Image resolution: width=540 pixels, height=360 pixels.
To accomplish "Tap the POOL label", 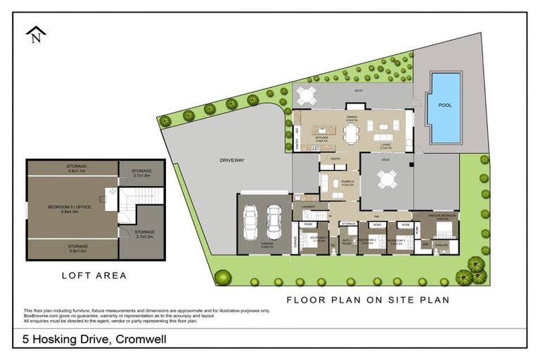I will coord(445,105).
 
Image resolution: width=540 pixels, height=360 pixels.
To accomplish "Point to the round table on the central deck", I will coord(385,180).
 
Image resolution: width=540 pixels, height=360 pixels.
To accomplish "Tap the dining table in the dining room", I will coord(352,131).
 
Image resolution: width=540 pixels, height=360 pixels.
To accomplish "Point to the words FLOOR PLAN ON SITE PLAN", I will coord(368,300).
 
